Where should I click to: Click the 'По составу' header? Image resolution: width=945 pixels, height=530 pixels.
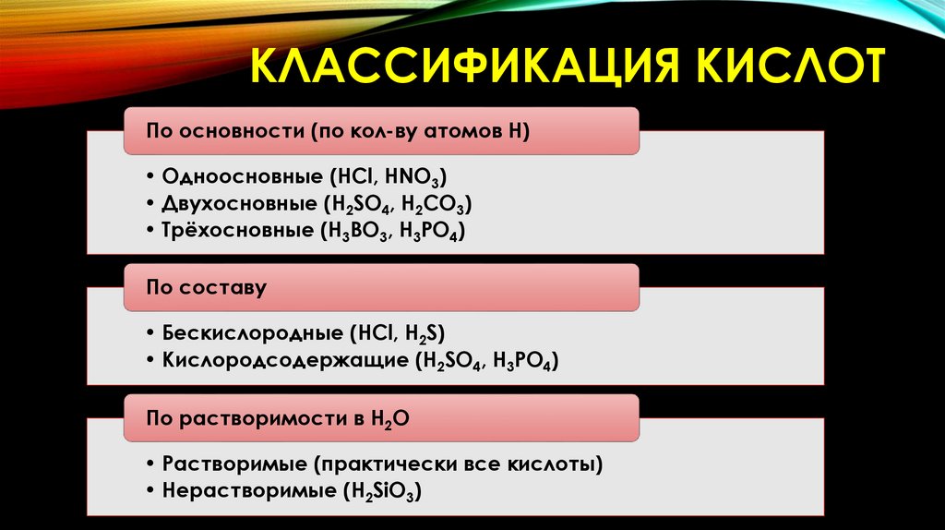(x=207, y=287)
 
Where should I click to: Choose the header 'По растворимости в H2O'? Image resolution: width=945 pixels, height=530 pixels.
(x=278, y=418)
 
